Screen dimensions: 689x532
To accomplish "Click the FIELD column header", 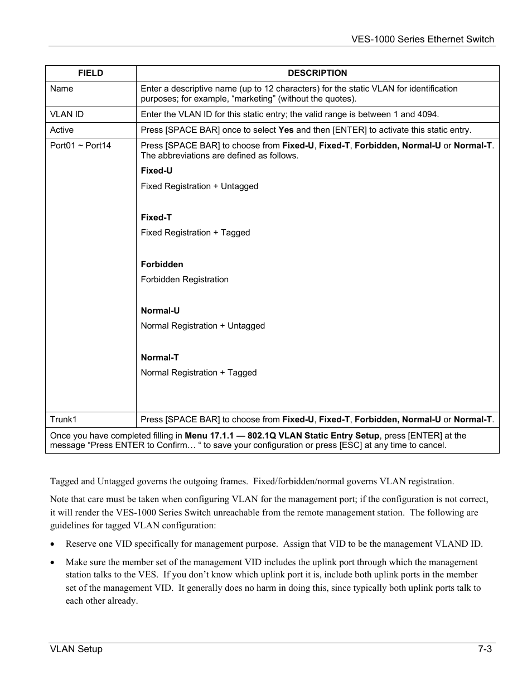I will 90,73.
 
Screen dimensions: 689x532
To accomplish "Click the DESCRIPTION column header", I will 317,73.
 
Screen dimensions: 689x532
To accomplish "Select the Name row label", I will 61,89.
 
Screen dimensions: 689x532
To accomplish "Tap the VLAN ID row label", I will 67,114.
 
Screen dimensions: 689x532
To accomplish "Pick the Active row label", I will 62,130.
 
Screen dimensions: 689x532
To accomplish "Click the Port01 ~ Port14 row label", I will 80,146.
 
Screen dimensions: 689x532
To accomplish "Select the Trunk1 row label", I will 64,420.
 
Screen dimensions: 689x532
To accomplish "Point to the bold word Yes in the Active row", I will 286,130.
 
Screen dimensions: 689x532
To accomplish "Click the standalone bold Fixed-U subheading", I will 157,171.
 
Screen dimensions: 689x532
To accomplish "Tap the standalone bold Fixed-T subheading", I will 156,218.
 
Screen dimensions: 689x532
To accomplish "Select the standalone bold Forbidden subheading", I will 162,264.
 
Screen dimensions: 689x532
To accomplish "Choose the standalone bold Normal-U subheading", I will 160,311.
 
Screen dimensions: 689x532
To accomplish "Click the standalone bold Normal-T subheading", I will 159,358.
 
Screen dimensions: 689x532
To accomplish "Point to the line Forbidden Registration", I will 185,280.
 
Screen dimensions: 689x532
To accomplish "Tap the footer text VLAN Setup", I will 76,649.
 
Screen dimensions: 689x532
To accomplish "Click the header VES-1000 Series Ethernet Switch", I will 423,39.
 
